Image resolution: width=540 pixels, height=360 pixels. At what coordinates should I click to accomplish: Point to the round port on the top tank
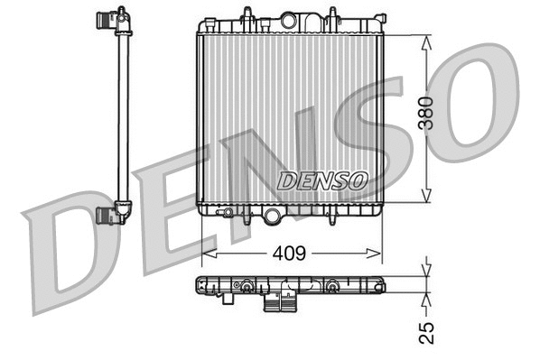pyautogui.click(x=289, y=20)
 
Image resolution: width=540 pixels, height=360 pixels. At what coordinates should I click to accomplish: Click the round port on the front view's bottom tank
pyautogui.click(x=272, y=215)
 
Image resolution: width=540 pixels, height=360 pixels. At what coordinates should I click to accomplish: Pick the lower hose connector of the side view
pyautogui.click(x=110, y=214)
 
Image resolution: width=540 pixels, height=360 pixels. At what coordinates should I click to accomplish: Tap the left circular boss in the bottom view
pyautogui.click(x=245, y=287)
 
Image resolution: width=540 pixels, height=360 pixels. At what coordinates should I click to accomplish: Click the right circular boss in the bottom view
pyautogui.click(x=331, y=287)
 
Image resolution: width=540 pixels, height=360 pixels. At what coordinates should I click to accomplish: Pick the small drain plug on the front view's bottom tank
pyautogui.click(x=229, y=214)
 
